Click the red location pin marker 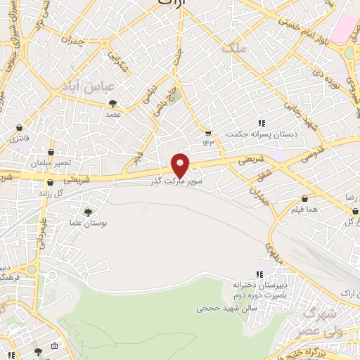[181, 165]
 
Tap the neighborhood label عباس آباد [107, 89]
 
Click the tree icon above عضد [112, 103]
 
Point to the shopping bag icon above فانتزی [18, 127]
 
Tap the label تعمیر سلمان [51, 162]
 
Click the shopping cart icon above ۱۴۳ [208, 132]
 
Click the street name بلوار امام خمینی [296, 30]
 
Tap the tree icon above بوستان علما [88, 212]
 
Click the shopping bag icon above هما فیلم [304, 199]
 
